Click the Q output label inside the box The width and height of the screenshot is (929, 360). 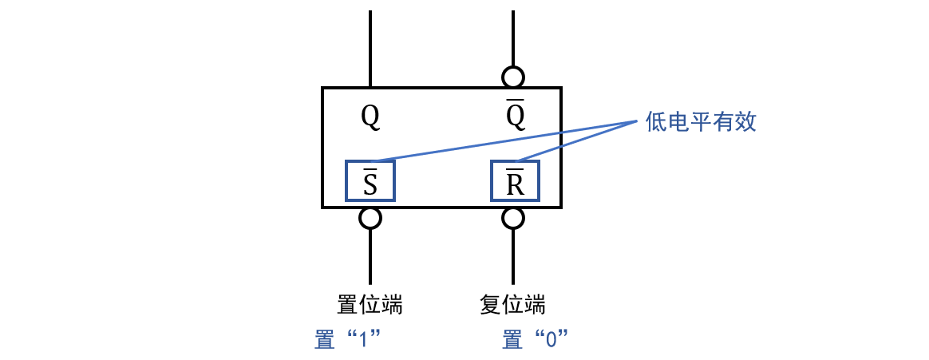[370, 118]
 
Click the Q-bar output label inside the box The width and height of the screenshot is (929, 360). [516, 118]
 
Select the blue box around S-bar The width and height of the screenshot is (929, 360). [370, 180]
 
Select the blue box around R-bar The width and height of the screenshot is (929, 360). [515, 180]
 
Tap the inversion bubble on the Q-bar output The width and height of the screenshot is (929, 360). [512, 77]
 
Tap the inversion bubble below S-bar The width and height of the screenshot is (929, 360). [370, 217]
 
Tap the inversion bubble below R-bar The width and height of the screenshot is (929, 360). [512, 217]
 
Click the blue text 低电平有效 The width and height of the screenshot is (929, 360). [700, 122]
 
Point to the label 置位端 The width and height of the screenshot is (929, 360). [370, 305]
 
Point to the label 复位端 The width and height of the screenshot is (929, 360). [512, 305]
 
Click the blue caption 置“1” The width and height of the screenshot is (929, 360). [350, 339]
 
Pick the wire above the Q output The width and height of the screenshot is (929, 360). [370, 48]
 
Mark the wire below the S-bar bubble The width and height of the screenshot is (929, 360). [370, 259]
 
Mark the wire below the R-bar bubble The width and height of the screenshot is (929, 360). [512, 259]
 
